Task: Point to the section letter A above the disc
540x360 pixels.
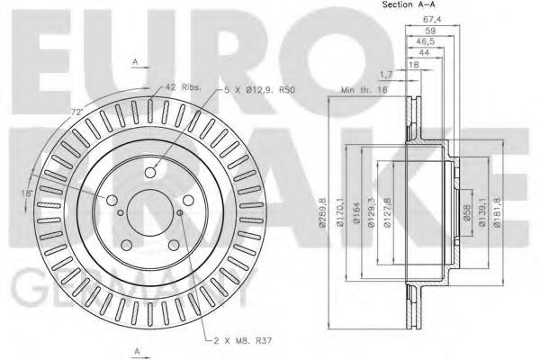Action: tap(135, 60)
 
